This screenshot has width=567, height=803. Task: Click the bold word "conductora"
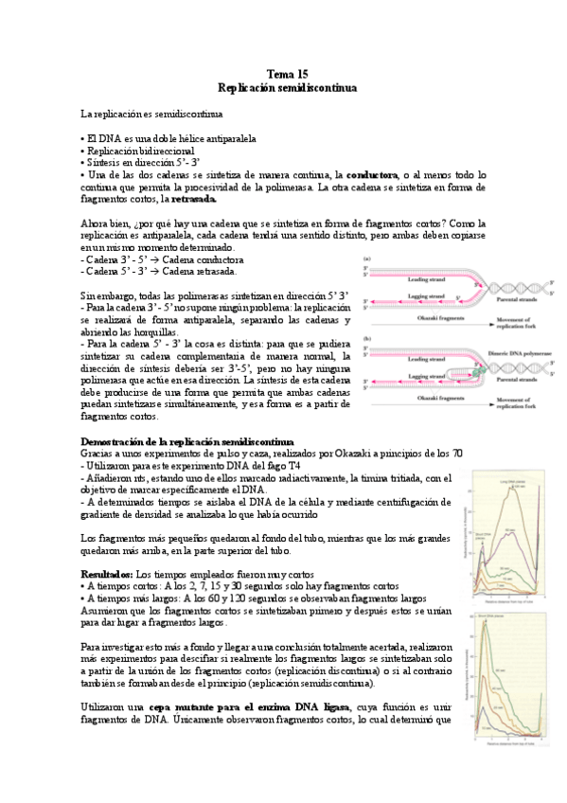[373, 175]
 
